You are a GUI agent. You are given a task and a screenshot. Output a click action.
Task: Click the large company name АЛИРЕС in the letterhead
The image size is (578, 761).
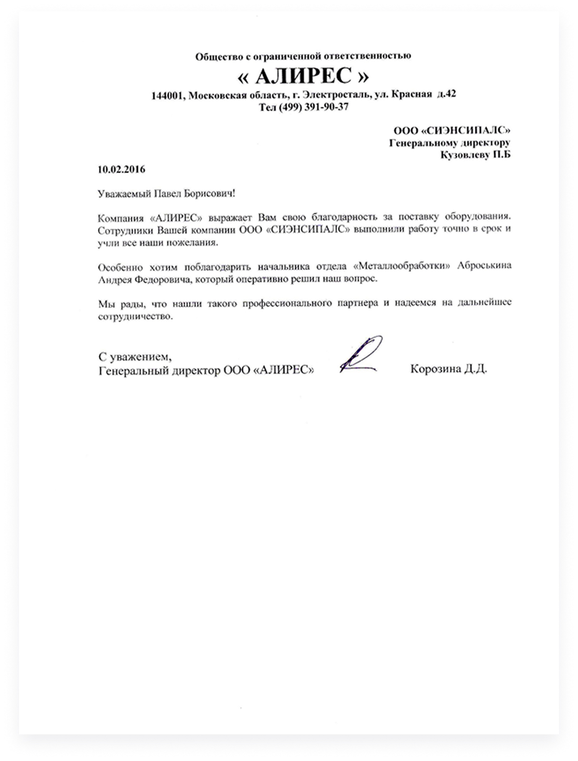303,76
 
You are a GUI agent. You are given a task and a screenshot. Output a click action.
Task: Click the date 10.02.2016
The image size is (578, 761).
121,169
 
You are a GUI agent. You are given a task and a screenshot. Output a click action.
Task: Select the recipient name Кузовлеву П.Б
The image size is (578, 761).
475,155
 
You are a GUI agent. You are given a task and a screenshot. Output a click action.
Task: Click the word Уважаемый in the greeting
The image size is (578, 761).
125,194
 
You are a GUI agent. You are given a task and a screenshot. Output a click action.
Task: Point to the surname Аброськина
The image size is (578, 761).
484,266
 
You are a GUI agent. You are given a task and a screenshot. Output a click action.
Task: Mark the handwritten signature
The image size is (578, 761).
361,355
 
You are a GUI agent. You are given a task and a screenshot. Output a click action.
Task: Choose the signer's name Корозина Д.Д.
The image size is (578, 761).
448,369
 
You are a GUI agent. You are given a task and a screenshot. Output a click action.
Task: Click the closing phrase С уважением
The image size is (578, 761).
135,356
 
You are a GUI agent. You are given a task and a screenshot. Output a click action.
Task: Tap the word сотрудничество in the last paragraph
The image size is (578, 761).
135,316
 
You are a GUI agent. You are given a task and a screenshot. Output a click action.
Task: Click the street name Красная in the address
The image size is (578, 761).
411,94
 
